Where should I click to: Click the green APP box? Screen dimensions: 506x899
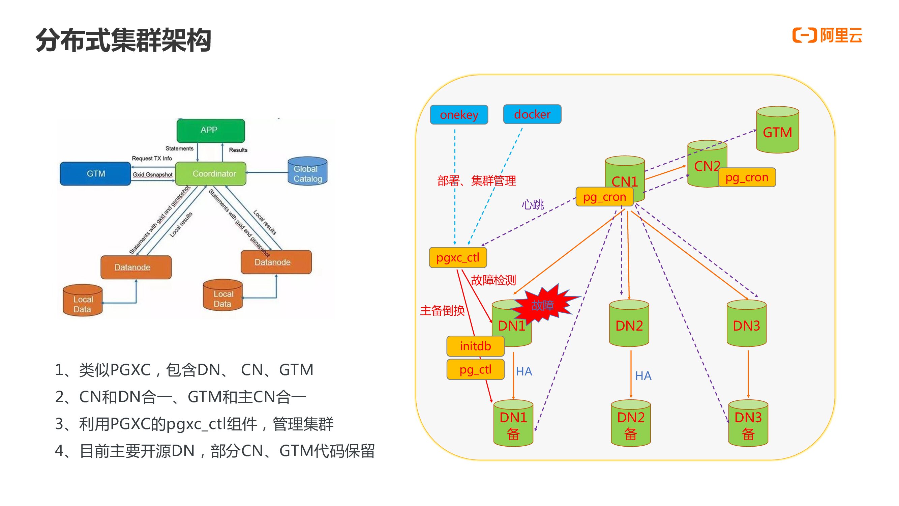pyautogui.click(x=210, y=131)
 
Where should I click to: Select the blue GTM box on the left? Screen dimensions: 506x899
pyautogui.click(x=95, y=173)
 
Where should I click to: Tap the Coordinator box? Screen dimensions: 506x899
pyautogui.click(x=210, y=173)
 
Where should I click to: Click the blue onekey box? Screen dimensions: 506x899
pyautogui.click(x=458, y=115)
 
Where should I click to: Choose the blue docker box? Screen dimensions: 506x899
pyautogui.click(x=532, y=114)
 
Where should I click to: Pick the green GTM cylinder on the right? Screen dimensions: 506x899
pyautogui.click(x=777, y=130)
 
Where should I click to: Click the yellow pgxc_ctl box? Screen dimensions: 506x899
pyautogui.click(x=457, y=257)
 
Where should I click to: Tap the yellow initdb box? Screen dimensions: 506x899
pyautogui.click(x=475, y=346)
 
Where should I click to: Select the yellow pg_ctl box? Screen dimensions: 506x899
pyautogui.click(x=475, y=369)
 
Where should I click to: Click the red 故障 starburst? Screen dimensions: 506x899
pyautogui.click(x=543, y=305)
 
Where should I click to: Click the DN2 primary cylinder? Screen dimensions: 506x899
pyautogui.click(x=629, y=324)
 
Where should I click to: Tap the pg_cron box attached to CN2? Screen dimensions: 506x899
pyautogui.click(x=747, y=177)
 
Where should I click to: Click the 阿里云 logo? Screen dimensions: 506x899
pyautogui.click(x=827, y=35)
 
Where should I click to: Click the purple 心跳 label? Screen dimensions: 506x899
pyautogui.click(x=533, y=204)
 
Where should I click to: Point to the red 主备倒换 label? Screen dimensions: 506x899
pyautogui.click(x=442, y=310)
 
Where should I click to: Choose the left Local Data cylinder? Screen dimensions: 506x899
pyautogui.click(x=83, y=301)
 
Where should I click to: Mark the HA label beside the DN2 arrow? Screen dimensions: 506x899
pyautogui.click(x=643, y=376)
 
